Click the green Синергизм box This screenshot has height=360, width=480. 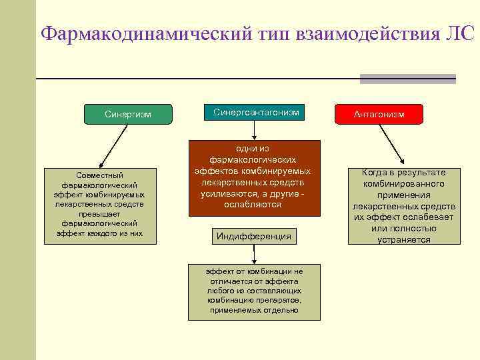click(x=128, y=114)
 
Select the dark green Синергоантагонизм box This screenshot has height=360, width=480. click(x=256, y=113)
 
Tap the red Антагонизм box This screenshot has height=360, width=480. click(x=379, y=115)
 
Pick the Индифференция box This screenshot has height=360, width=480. click(x=254, y=236)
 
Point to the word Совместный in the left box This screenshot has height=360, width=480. click(x=100, y=175)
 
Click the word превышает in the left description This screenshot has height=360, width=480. click(x=100, y=214)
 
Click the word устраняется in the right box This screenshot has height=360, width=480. click(x=405, y=239)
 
